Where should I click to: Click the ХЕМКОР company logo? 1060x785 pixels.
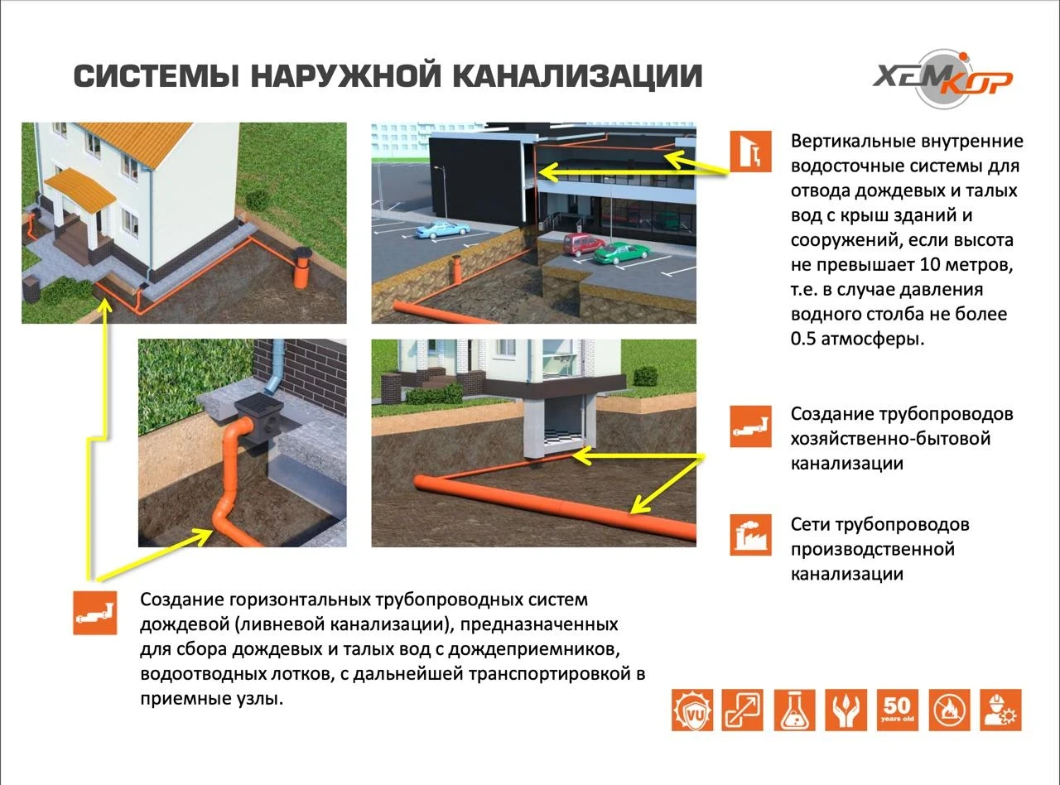pyautogui.click(x=942, y=79)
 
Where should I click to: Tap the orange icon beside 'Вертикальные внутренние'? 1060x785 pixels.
pyautogui.click(x=750, y=152)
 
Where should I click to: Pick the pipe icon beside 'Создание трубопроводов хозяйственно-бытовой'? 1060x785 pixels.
pyautogui.click(x=750, y=427)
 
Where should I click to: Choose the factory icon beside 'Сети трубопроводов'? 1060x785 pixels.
pyautogui.click(x=750, y=535)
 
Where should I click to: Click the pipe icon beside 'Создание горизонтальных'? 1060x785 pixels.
pyautogui.click(x=94, y=614)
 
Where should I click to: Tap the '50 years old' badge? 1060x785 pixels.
pyautogui.click(x=897, y=710)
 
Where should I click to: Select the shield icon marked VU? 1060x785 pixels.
pyautogui.click(x=692, y=710)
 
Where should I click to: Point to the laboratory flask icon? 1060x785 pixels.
pyautogui.click(x=794, y=710)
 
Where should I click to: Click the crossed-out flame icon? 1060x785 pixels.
pyautogui.click(x=949, y=710)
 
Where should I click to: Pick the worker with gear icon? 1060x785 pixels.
pyautogui.click(x=1000, y=710)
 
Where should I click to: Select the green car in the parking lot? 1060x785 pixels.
pyautogui.click(x=618, y=253)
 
